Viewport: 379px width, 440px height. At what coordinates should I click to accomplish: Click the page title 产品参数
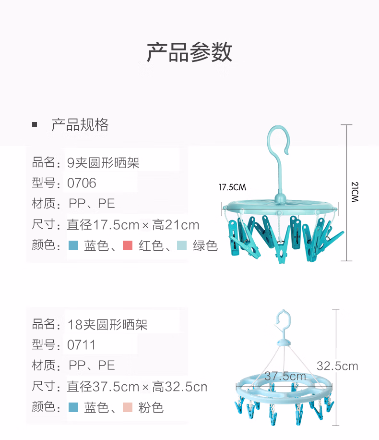pos(189,52)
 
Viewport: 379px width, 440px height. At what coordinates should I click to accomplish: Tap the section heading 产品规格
pos(80,125)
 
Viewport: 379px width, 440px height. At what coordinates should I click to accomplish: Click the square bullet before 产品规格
pos(35,125)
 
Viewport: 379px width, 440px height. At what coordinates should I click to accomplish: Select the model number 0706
pos(82,183)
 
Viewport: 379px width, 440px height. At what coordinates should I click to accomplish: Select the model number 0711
pos(82,345)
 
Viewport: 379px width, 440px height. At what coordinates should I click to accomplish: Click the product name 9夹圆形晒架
pos(103,162)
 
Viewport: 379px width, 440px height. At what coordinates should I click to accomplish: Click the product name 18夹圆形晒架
pos(107,325)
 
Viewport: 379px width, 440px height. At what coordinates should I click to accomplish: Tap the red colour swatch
pos(128,246)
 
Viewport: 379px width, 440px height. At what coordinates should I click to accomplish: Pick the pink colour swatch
pos(128,408)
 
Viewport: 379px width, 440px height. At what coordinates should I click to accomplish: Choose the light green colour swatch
pos(182,246)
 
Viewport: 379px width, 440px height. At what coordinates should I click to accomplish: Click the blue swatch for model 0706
pos(73,246)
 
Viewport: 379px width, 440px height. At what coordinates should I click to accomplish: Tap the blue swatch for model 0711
pos(73,408)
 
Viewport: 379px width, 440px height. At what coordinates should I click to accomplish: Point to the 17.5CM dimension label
pos(232,187)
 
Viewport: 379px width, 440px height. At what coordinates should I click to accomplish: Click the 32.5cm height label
pos(337,366)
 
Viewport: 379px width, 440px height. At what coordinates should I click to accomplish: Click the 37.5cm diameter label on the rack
pos(285,376)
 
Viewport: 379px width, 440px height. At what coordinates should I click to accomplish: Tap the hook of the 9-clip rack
pos(278,140)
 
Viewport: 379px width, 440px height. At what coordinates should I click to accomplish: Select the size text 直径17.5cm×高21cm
pos(133,224)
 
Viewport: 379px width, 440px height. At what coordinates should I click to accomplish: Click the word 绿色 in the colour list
pos(205,246)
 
